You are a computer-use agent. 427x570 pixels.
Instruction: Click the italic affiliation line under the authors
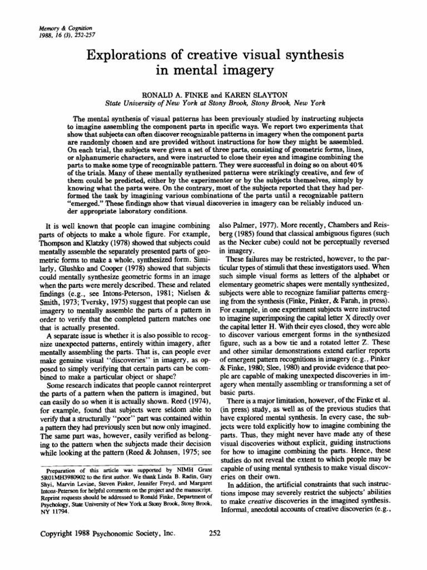coord(213,104)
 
